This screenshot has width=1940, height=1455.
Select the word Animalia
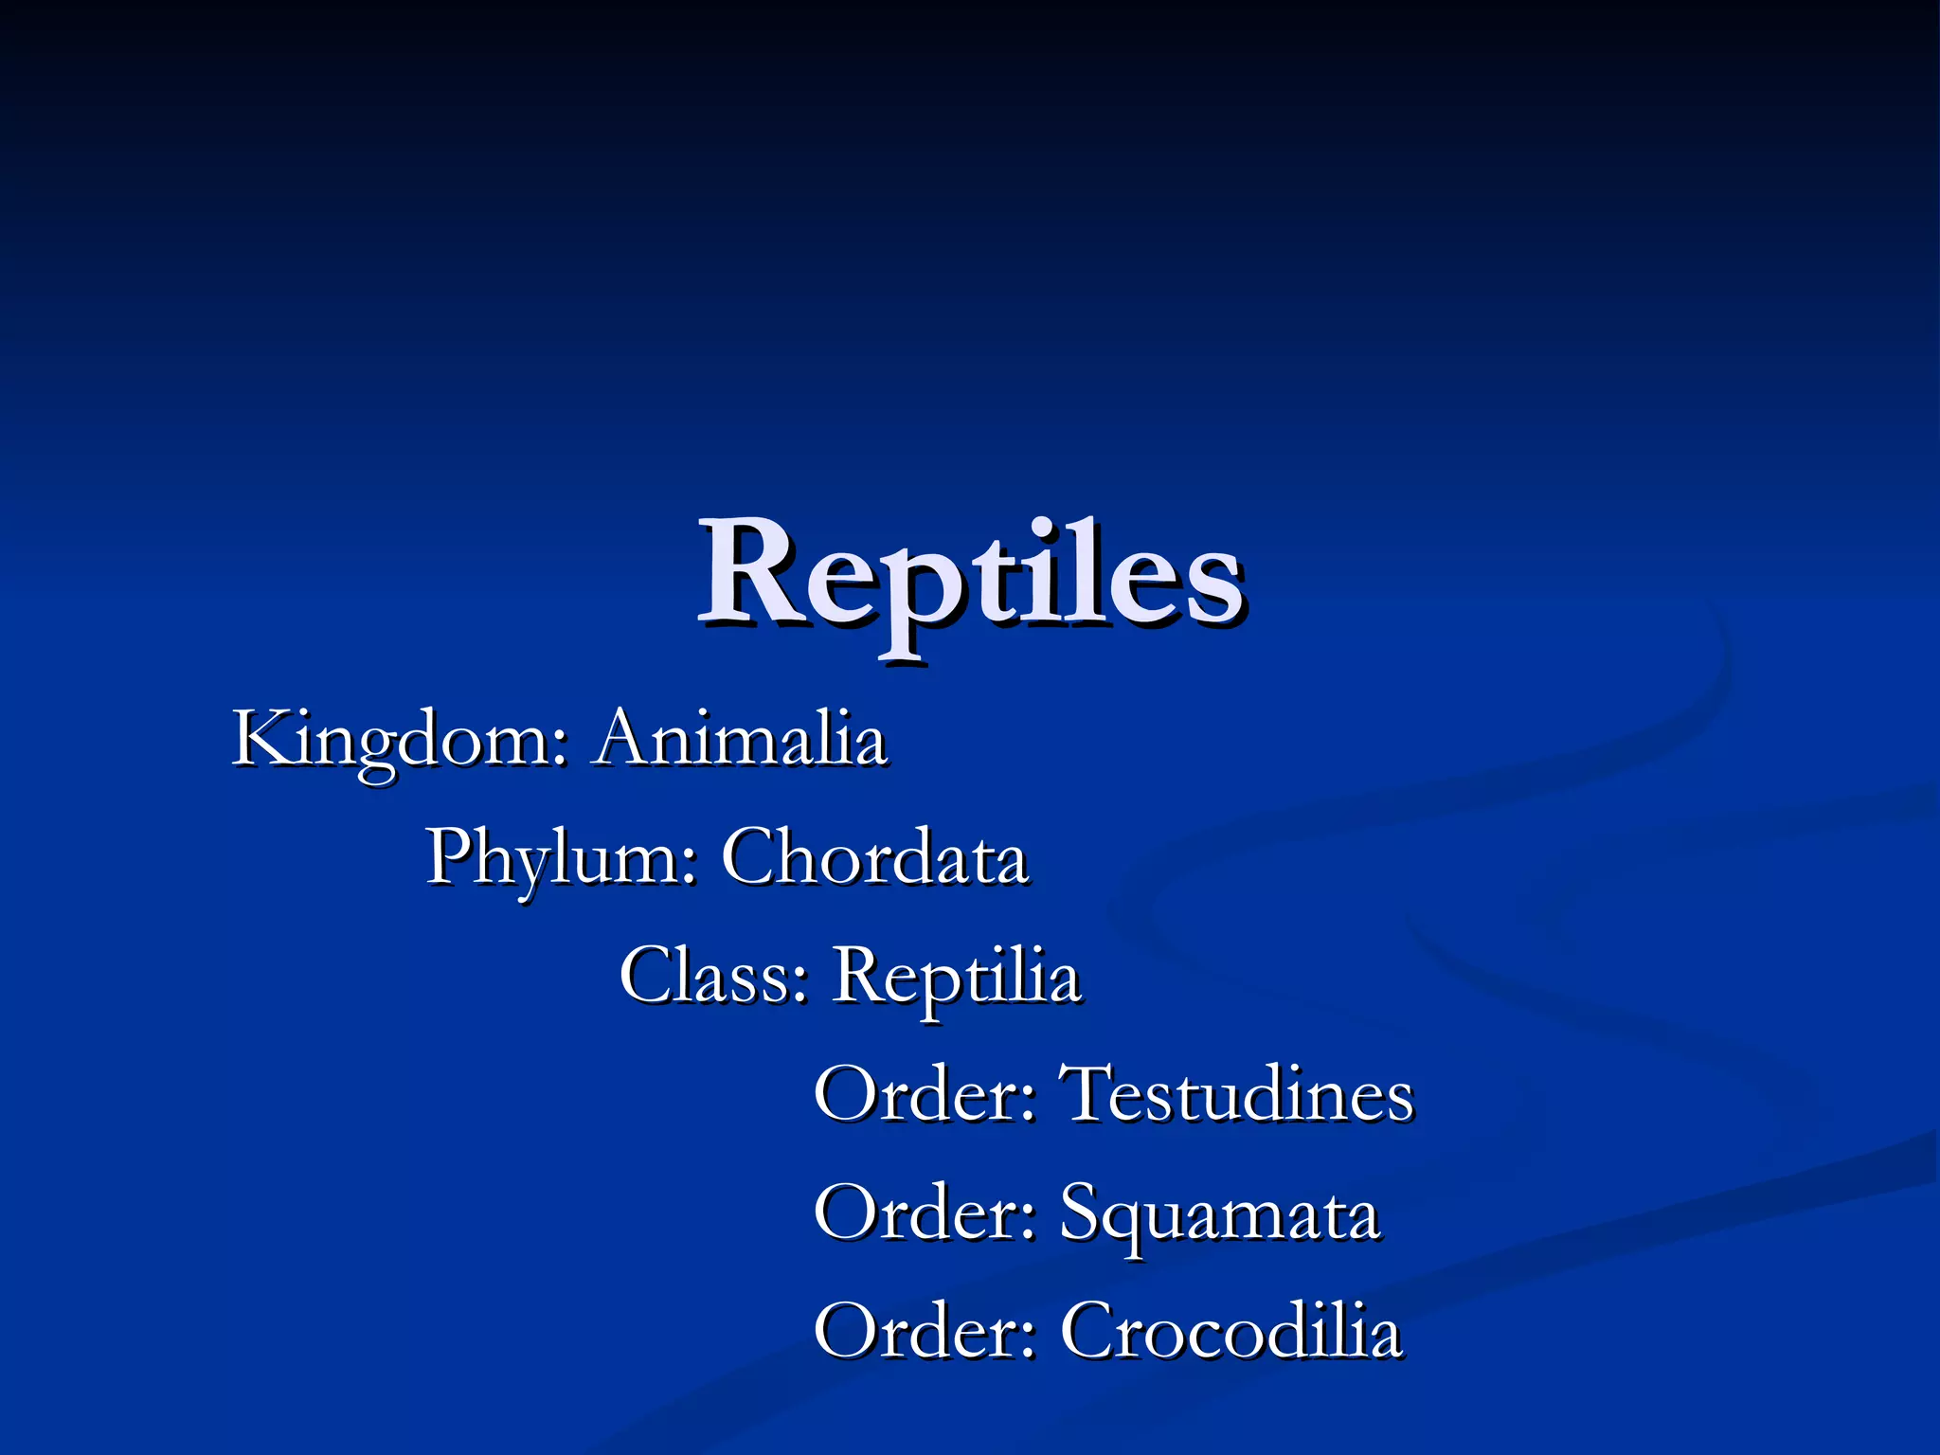(x=740, y=739)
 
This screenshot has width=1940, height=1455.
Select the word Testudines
(x=1237, y=1094)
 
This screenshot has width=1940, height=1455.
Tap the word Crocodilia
(x=1230, y=1331)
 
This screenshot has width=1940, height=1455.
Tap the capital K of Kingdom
(x=261, y=738)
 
